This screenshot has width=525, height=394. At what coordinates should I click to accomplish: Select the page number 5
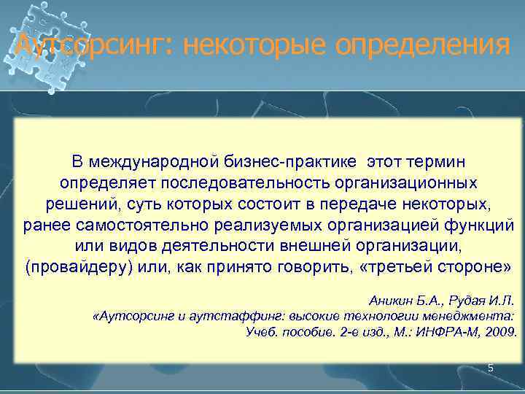coord(491,368)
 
